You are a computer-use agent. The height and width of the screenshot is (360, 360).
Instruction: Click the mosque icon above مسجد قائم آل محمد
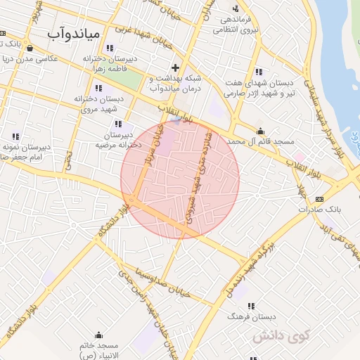tap(261, 131)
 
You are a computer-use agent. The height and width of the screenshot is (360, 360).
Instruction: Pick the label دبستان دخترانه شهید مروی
tap(98, 104)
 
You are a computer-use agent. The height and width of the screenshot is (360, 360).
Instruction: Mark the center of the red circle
tap(180, 179)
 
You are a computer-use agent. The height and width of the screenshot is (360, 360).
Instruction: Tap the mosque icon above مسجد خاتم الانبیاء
tap(98, 335)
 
